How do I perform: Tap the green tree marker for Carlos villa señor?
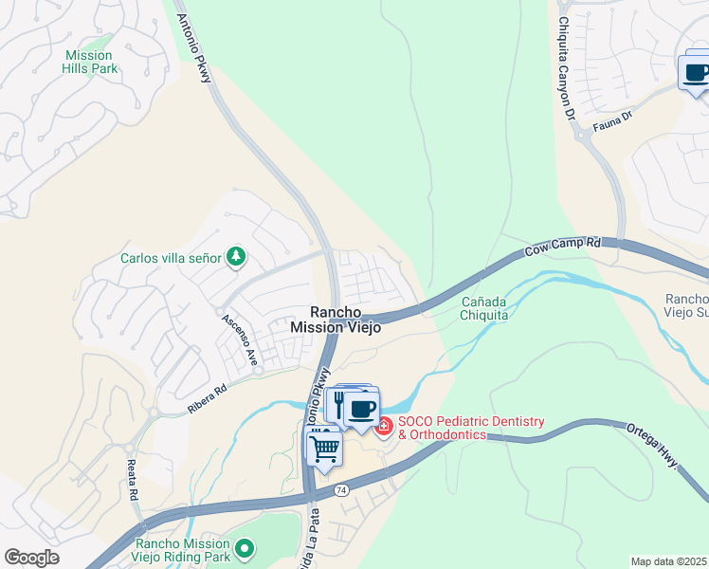236,256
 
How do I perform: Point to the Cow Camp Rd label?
563,248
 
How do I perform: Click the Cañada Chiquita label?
484,308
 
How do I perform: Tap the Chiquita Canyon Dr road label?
567,66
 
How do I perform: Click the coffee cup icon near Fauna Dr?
697,73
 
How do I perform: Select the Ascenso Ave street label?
241,339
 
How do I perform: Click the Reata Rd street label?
132,479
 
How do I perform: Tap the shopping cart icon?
323,449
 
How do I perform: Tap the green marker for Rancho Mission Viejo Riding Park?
245,547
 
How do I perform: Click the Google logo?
31,558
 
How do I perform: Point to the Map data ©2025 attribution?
669,561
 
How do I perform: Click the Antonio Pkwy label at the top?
194,44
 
